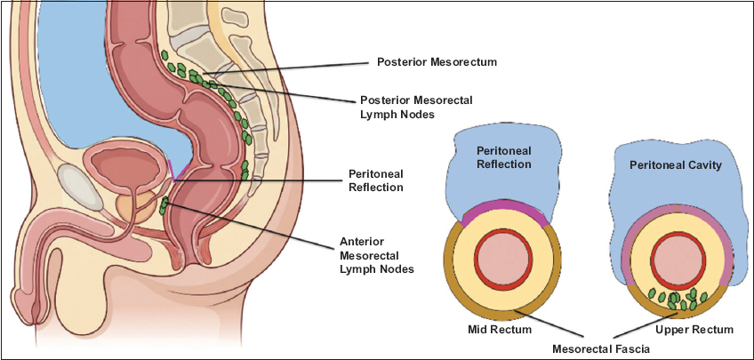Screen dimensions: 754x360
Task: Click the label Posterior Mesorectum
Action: [x=437, y=62]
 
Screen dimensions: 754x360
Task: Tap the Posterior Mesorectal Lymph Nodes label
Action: [x=416, y=108]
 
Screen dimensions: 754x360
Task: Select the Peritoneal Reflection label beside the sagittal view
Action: [x=376, y=180]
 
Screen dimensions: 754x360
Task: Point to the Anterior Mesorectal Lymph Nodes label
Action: [x=376, y=255]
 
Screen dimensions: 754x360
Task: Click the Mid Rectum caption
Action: [x=500, y=330]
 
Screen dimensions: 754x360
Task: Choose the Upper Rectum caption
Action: [x=694, y=330]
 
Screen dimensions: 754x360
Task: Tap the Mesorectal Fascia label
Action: [x=601, y=348]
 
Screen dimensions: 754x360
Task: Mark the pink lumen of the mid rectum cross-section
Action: [x=503, y=259]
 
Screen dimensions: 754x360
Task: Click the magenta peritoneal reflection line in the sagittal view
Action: [x=176, y=171]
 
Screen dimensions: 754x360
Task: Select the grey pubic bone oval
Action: [x=80, y=188]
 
